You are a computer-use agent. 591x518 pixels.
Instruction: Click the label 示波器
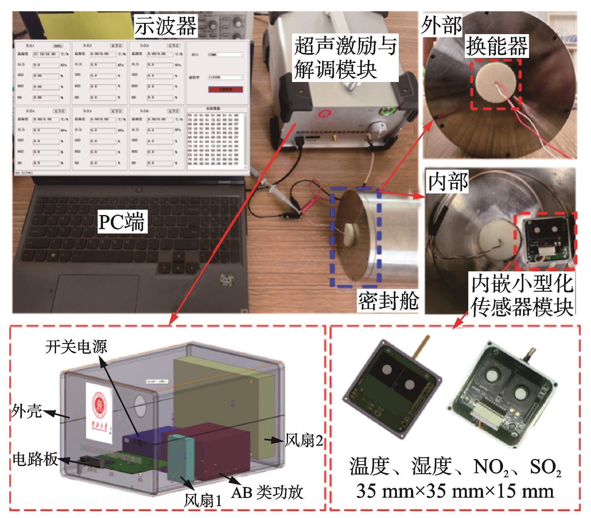click(x=166, y=26)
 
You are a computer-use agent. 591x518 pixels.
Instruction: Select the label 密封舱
click(x=388, y=301)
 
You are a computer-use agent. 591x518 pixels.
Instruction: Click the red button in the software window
click(x=225, y=90)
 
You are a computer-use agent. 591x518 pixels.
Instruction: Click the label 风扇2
click(x=303, y=440)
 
